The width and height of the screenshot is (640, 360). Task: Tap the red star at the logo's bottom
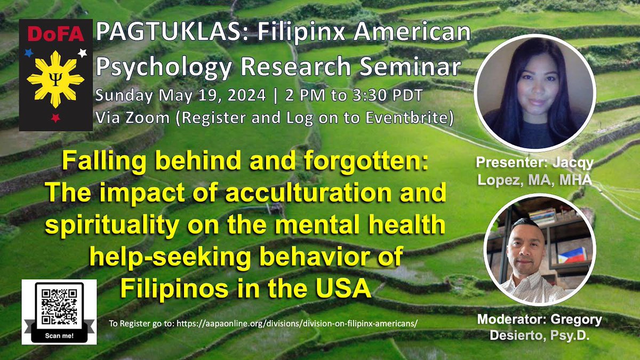55,118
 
